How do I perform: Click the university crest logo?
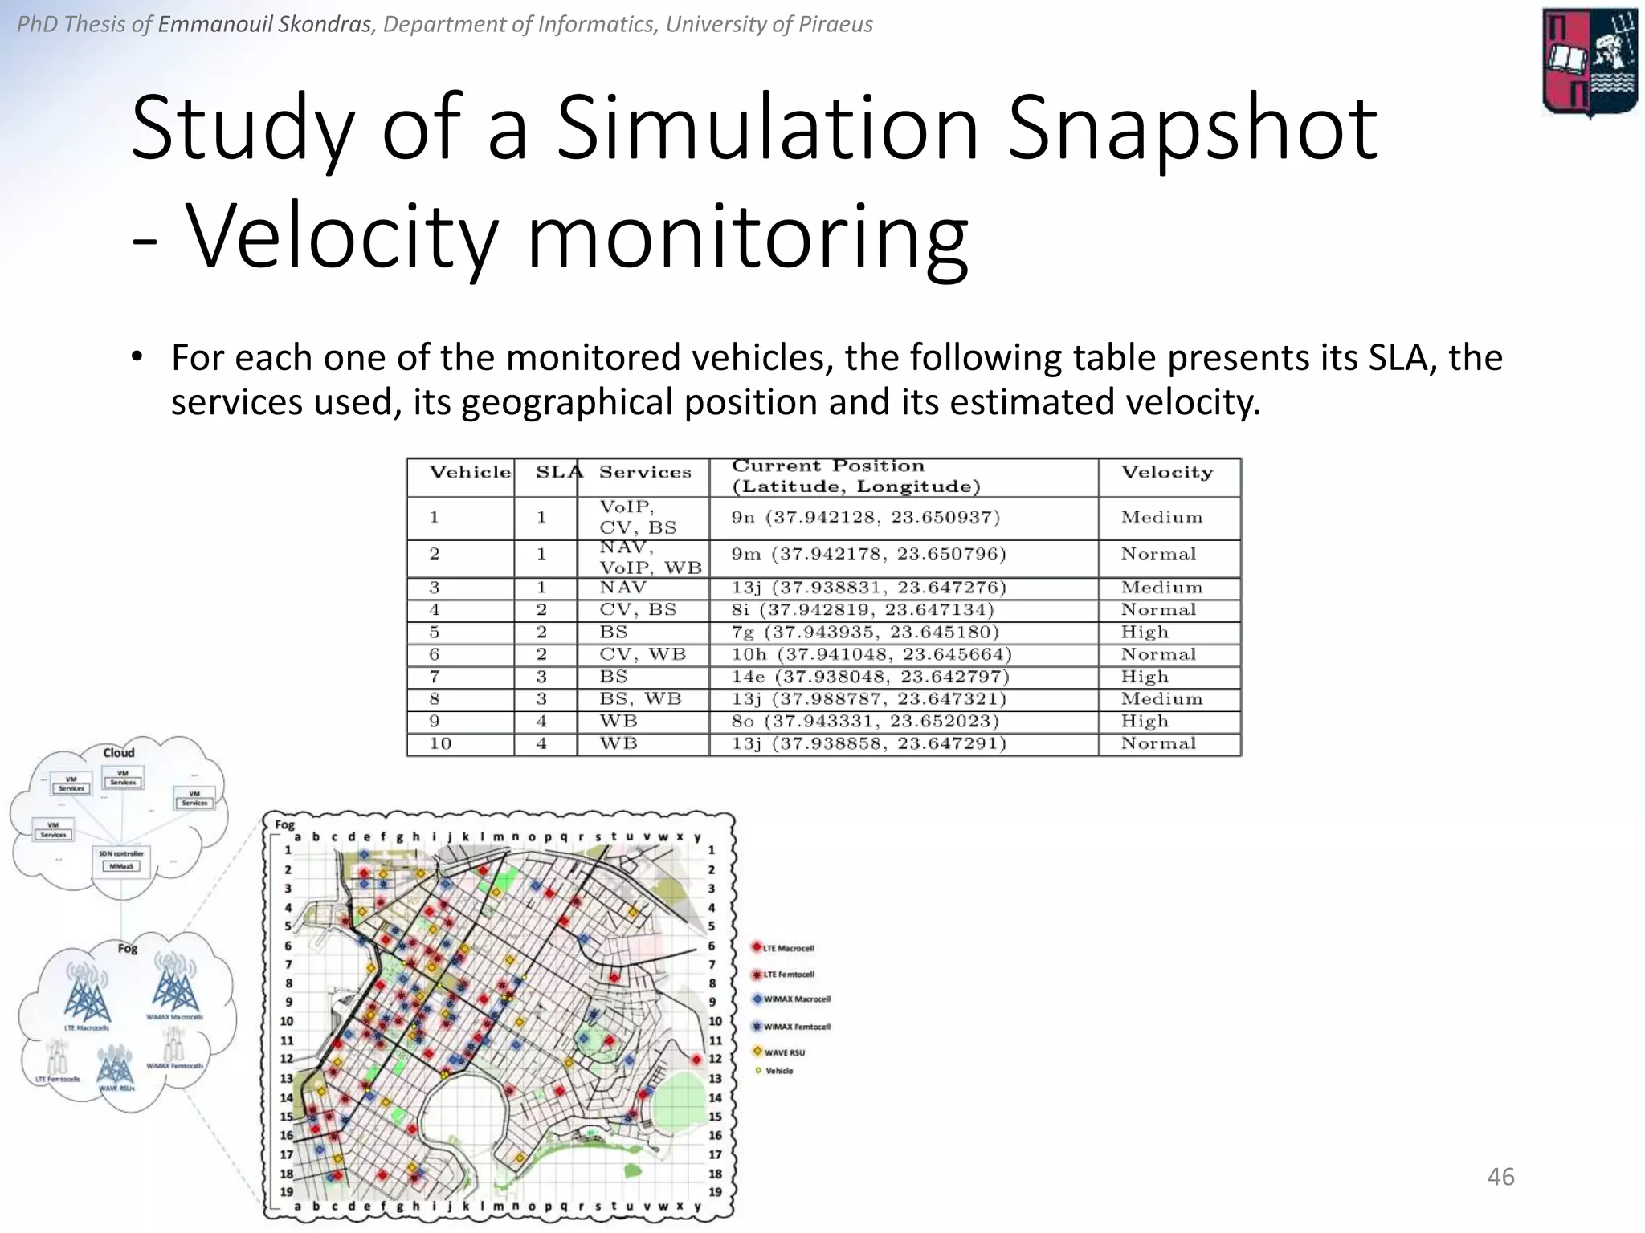[1589, 63]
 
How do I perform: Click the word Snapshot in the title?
[1192, 128]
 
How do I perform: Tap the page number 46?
[1500, 1177]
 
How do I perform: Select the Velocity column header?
[1167, 473]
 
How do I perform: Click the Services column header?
[645, 473]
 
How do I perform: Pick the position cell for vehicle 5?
[865, 633]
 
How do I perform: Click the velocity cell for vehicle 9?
[1145, 722]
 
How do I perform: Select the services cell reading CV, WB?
[643, 655]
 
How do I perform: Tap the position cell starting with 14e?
[870, 678]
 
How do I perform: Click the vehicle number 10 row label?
[440, 744]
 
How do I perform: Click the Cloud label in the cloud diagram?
[118, 753]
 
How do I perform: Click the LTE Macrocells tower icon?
[87, 996]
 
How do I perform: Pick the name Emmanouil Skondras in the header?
[264, 24]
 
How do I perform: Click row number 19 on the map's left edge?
[287, 1193]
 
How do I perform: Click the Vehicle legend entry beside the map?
[775, 1071]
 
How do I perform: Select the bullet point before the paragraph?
[137, 356]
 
